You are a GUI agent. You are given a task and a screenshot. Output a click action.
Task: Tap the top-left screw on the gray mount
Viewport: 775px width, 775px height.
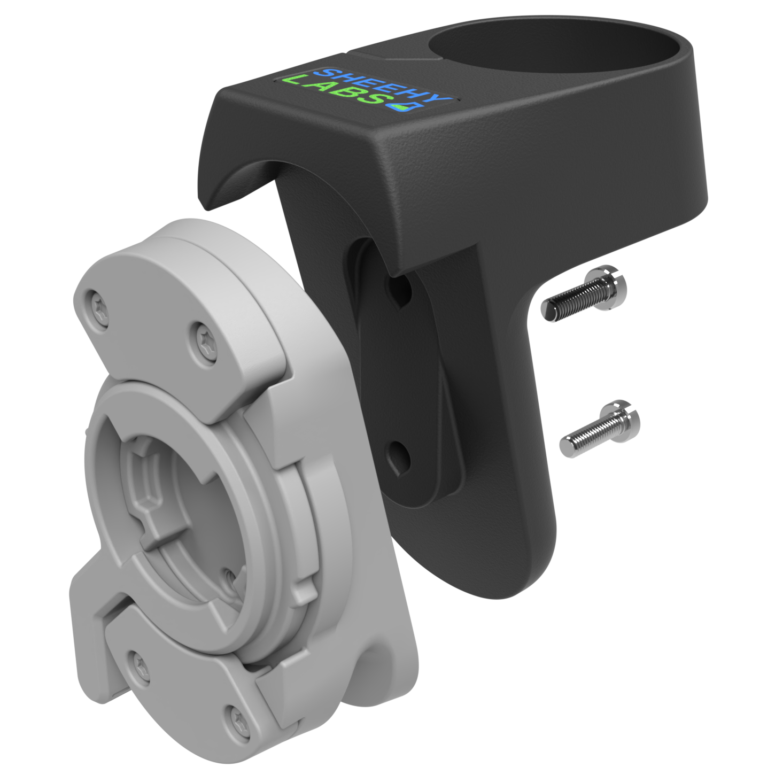point(99,310)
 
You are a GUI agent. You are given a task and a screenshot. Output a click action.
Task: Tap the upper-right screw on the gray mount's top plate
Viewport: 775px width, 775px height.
point(206,342)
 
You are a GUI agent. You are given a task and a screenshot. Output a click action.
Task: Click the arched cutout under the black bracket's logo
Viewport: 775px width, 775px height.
point(241,179)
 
